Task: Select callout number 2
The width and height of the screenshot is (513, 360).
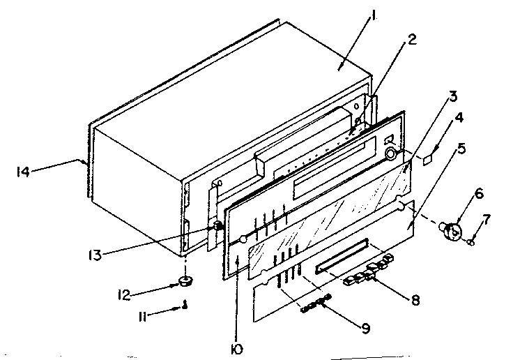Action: click(x=413, y=40)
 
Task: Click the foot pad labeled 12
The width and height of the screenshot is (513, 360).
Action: click(x=185, y=282)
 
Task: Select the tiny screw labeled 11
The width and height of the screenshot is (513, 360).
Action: click(x=185, y=303)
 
